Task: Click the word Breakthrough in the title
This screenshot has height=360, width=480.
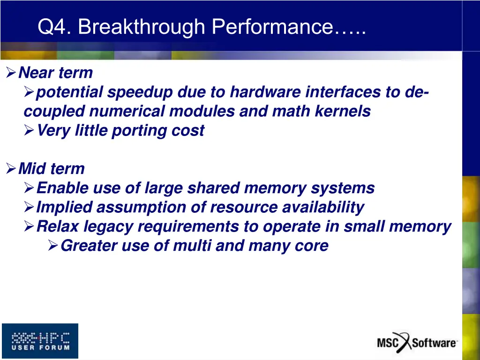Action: (142, 27)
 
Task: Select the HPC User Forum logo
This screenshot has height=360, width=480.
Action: (40, 341)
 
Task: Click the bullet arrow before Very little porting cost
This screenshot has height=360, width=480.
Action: (29, 130)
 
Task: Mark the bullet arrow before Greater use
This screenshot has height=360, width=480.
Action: (53, 245)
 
